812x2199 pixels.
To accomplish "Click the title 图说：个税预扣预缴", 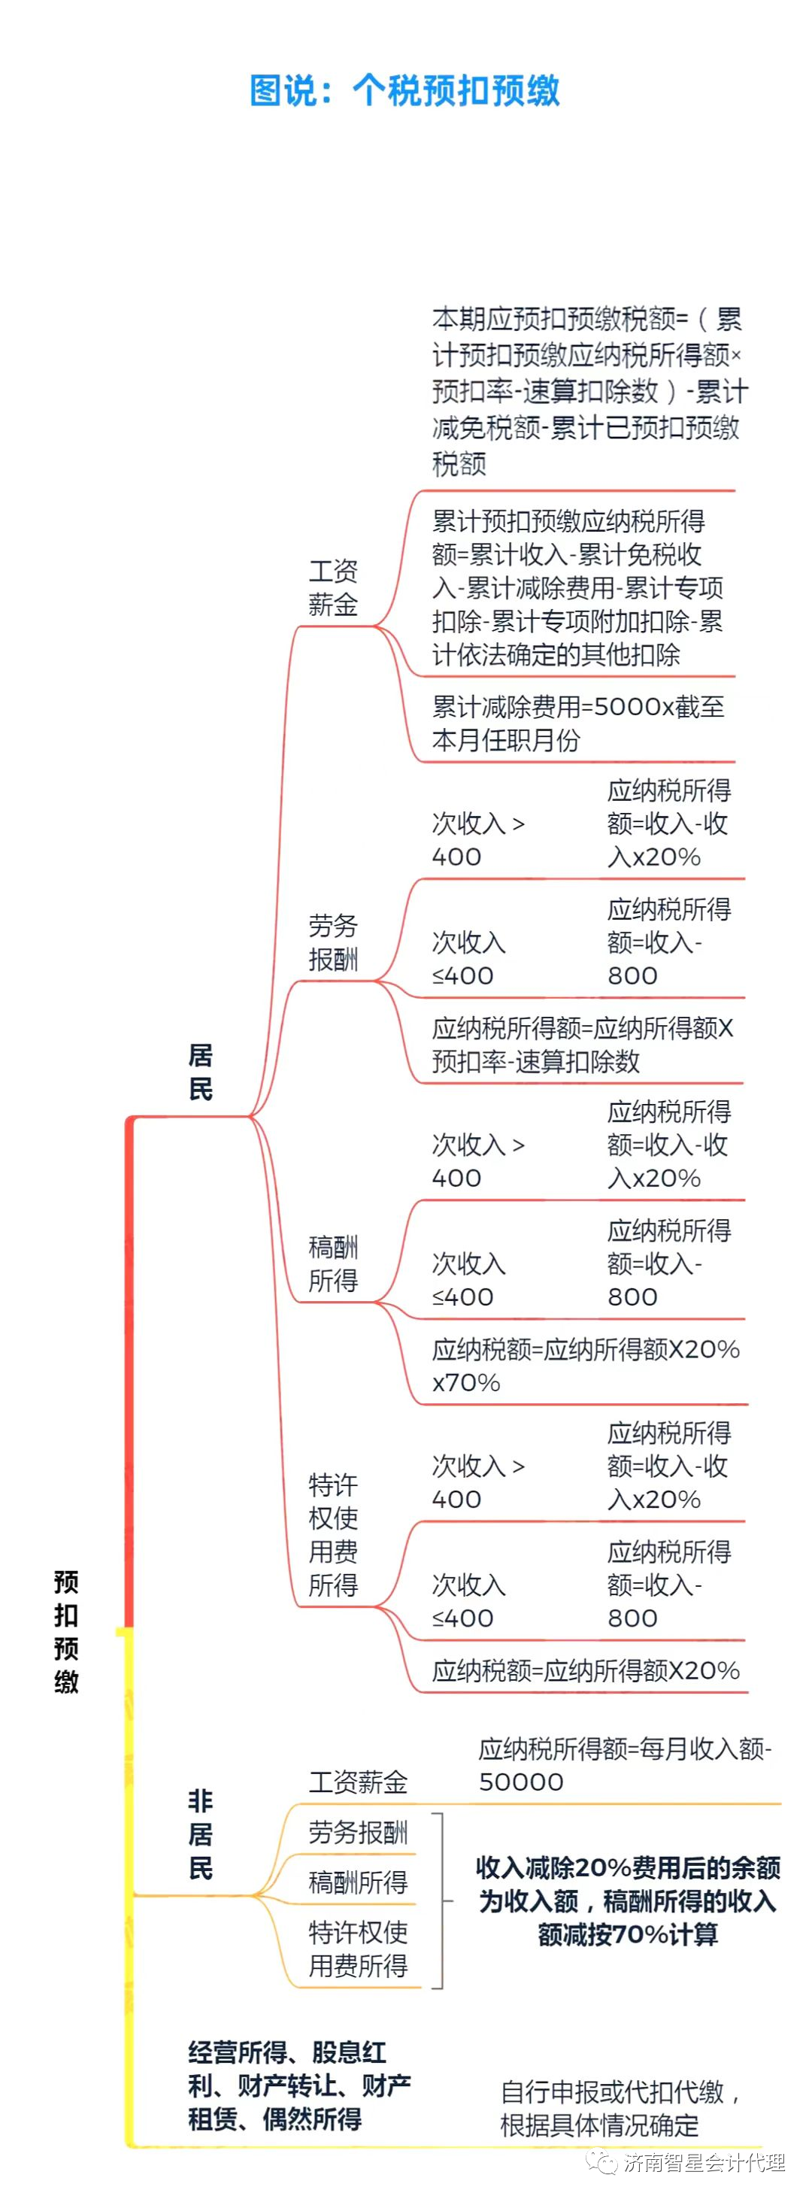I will (404, 90).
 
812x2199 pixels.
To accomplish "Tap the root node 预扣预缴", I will (65, 1631).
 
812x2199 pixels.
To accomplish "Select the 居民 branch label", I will (200, 1072).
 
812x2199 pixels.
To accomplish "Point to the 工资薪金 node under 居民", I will (333, 588).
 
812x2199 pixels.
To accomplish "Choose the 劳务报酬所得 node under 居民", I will (333, 942).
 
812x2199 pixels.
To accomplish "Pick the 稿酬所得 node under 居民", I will (333, 1263).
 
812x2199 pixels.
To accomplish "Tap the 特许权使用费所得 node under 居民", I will (333, 1534).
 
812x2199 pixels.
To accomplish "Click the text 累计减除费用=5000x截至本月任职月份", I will (577, 723).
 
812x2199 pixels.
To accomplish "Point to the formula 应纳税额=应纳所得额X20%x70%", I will (585, 1365).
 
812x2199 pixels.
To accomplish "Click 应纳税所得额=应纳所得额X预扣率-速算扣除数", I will (583, 1044).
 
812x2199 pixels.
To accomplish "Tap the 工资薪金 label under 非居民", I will (358, 1782).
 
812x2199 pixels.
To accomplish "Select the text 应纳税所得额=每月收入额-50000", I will (624, 1765).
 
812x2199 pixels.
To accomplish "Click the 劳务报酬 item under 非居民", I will (358, 1832).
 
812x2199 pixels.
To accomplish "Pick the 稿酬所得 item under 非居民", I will (358, 1882).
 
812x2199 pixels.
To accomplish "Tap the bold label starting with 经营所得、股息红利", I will (298, 2085).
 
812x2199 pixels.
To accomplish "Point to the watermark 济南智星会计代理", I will (704, 2162).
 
